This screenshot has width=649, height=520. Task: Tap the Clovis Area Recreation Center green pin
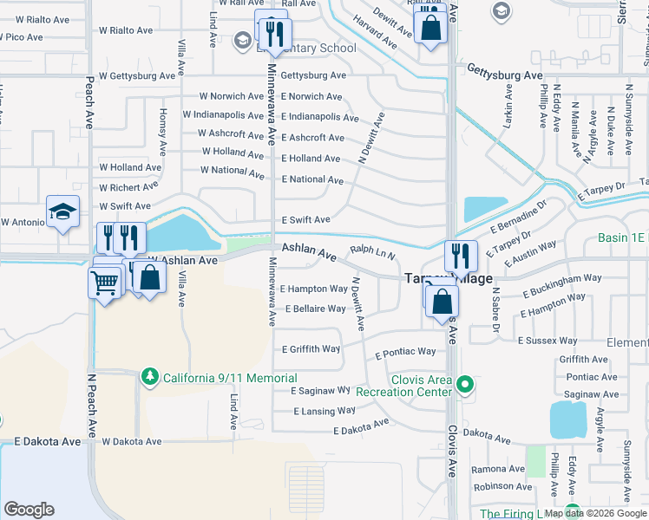[x=465, y=383]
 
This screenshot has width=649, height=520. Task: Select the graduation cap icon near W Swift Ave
[x=63, y=212]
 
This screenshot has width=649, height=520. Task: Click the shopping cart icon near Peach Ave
[x=104, y=281]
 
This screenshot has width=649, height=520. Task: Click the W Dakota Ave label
[x=132, y=441]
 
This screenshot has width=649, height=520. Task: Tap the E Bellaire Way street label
[x=315, y=309]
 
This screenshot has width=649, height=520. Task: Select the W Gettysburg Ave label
[x=137, y=76]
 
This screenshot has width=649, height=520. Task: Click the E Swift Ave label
[x=305, y=220]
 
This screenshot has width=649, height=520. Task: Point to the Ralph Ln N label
[x=372, y=252]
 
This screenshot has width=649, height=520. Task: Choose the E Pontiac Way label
[x=405, y=353]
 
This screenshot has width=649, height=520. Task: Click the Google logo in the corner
[x=29, y=510]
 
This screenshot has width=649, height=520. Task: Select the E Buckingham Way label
[x=561, y=279]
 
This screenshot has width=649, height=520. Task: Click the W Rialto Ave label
[x=36, y=19]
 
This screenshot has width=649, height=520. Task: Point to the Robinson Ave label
[x=502, y=486]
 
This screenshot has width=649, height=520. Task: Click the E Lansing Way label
[x=324, y=411]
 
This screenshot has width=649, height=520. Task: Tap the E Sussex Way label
[x=547, y=341]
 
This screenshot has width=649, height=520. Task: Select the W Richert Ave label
[x=128, y=186]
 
